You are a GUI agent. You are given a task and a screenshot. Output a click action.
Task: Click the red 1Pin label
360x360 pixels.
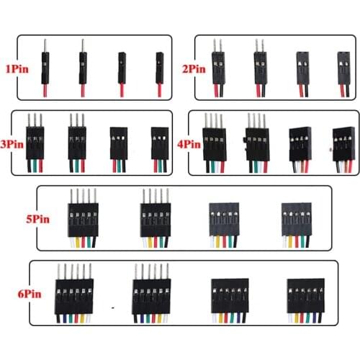(x=17, y=69)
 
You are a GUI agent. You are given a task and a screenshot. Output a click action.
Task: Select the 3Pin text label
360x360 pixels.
(x=13, y=143)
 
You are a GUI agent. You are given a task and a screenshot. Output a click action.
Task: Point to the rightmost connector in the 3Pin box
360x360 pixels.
(x=159, y=148)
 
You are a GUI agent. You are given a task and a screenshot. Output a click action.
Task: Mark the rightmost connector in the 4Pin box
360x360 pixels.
(x=343, y=148)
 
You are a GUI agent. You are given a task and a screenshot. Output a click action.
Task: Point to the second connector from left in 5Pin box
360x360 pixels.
(x=156, y=216)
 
